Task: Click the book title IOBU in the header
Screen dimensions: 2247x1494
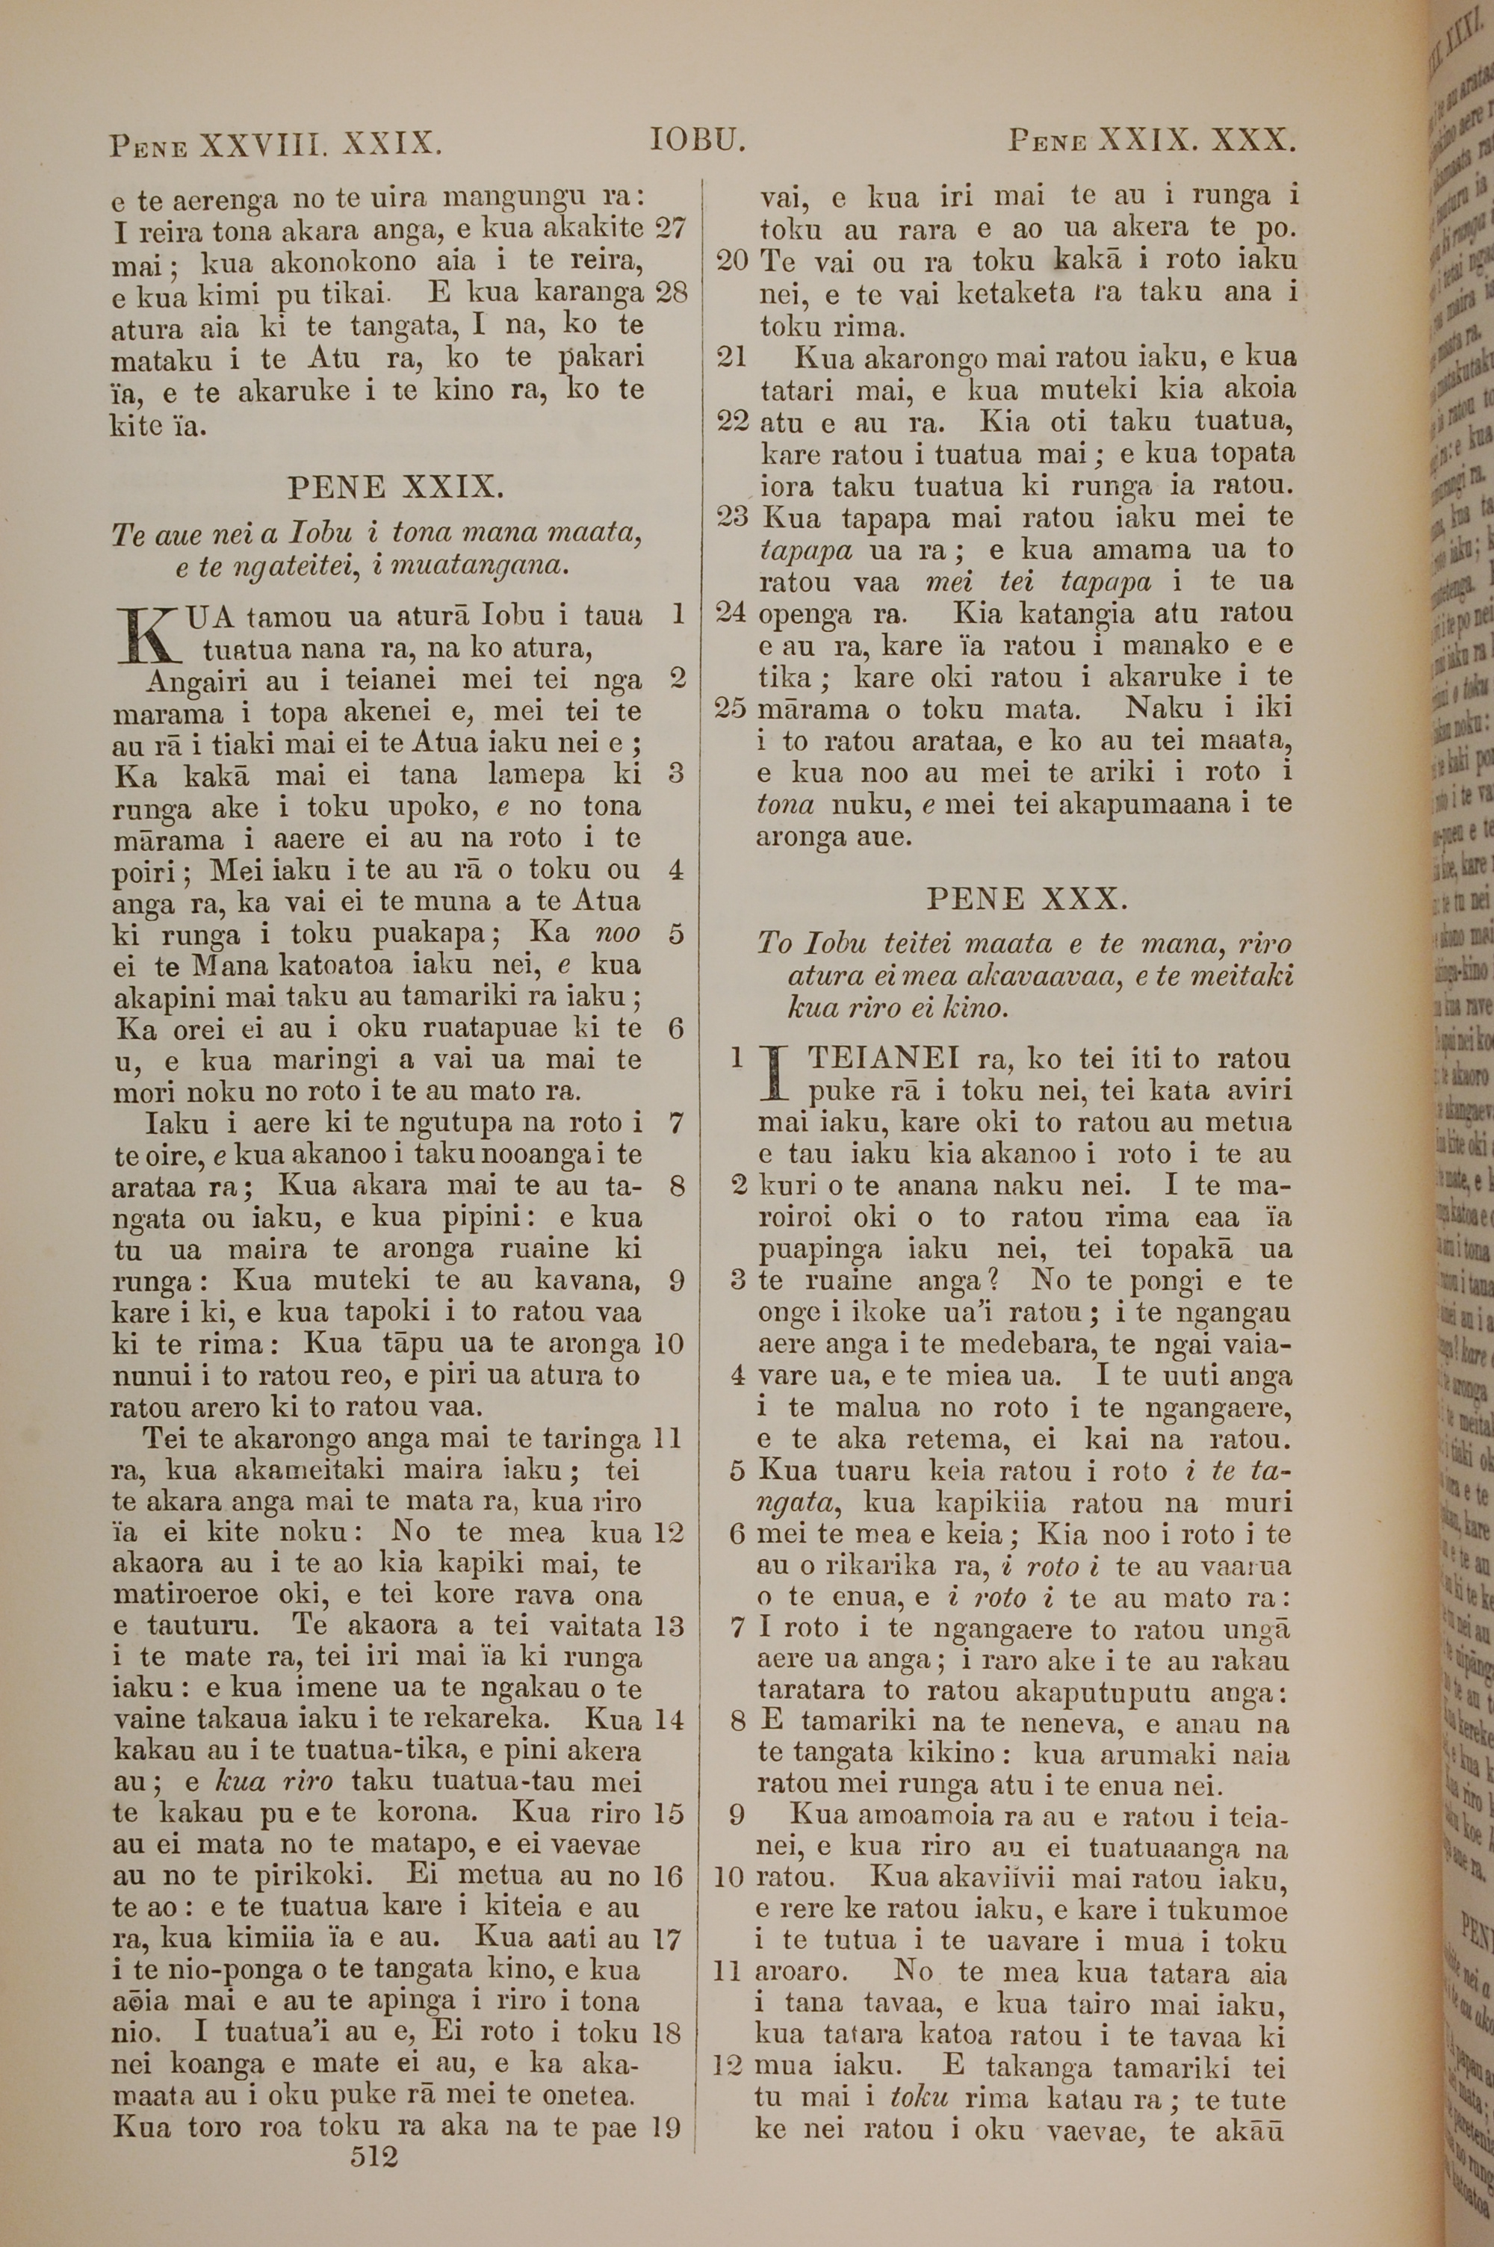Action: coord(696,142)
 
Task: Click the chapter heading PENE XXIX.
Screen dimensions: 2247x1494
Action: coord(394,488)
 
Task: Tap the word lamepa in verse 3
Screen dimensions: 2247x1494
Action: coord(536,775)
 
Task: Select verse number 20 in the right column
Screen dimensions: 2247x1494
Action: coord(733,260)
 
